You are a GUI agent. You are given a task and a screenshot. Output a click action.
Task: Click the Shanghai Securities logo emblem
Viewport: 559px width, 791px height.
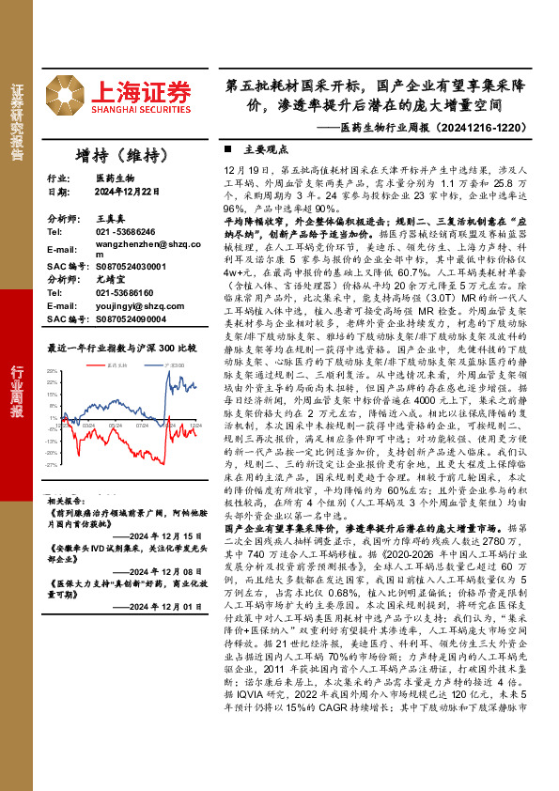coord(67,95)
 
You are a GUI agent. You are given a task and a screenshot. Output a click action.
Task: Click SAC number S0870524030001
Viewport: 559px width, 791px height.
coord(131,267)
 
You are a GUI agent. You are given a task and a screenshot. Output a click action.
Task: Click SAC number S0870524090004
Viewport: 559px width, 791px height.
coord(131,319)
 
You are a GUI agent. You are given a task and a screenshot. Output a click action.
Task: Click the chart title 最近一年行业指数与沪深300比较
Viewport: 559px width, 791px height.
coord(121,348)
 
